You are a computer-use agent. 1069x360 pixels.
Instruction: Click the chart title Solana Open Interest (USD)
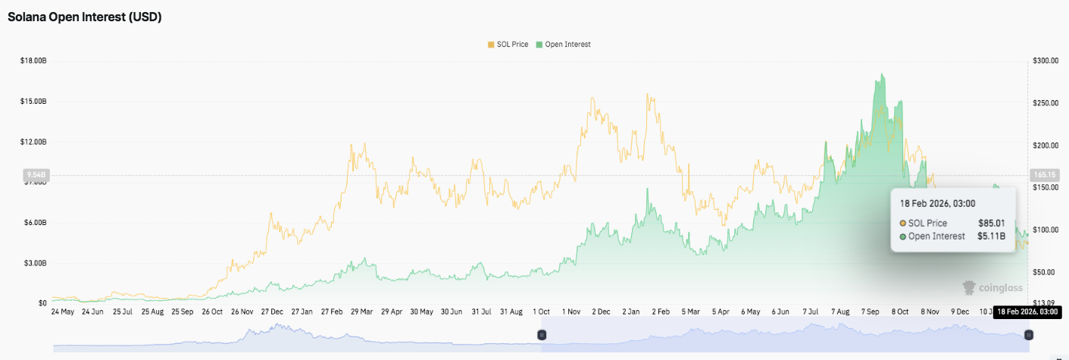coord(85,17)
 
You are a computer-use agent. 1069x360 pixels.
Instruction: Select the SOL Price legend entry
coord(510,45)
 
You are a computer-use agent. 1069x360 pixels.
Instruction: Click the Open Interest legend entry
coord(563,45)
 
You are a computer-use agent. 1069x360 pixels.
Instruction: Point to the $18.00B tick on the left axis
coord(33,61)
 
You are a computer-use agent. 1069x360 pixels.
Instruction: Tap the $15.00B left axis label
coord(33,102)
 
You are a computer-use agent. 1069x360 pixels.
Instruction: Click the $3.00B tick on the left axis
coord(35,263)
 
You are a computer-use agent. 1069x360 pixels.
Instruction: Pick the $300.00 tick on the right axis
coord(1045,61)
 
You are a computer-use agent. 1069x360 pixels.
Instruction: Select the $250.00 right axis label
coord(1045,103)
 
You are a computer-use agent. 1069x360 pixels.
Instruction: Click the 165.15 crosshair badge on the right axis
coord(1044,174)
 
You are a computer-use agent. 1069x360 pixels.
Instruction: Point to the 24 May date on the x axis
coord(62,311)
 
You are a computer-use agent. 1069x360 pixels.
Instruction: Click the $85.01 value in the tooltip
coord(992,223)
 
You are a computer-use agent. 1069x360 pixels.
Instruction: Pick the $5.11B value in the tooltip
coord(992,236)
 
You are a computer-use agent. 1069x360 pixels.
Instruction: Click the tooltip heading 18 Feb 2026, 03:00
coord(937,203)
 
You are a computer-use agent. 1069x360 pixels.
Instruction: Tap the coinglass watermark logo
coord(992,288)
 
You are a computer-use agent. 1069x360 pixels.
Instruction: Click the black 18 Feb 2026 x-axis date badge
coord(1027,311)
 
